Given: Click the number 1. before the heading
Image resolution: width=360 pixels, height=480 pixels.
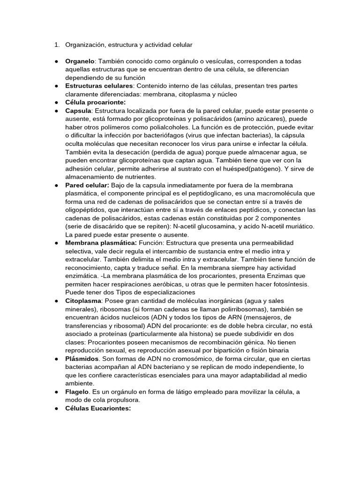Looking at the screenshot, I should [x=56, y=45].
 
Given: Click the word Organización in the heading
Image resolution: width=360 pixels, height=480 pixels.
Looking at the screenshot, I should [x=85, y=45].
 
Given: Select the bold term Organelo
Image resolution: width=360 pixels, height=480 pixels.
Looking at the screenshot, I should [x=80, y=61].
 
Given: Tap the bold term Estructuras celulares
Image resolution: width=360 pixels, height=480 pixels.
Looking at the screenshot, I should [x=99, y=86].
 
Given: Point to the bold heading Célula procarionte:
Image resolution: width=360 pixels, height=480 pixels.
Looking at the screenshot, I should [x=96, y=102].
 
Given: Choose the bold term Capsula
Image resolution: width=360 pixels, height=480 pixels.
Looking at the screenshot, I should [x=78, y=111].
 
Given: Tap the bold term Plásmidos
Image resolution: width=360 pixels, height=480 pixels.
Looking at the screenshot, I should [x=82, y=358].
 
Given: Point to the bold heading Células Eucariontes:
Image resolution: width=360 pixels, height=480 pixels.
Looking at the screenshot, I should [x=98, y=408].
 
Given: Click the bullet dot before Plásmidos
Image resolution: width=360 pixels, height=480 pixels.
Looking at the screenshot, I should [x=56, y=359].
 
